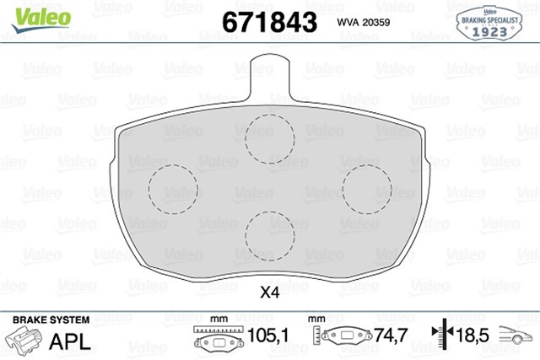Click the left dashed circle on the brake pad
pyautogui.click(x=172, y=188)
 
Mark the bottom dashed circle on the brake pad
pyautogui.click(x=269, y=234)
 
